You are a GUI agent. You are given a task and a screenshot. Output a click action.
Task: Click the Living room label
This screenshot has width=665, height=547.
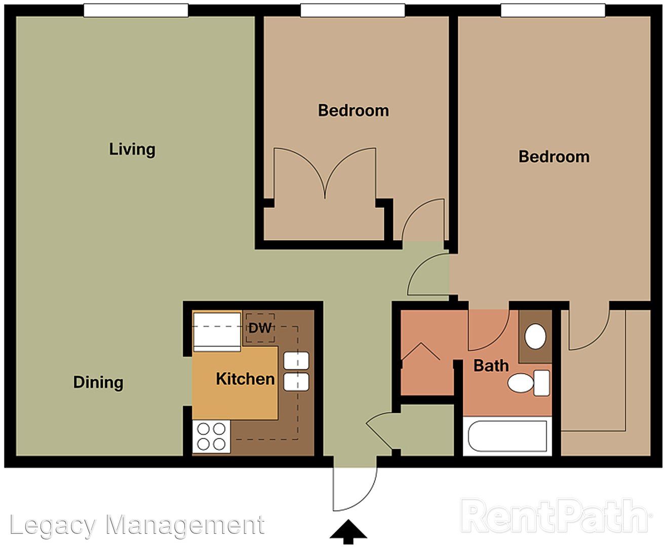click(x=132, y=149)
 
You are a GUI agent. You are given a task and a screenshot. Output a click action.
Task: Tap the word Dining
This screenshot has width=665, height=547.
click(x=98, y=383)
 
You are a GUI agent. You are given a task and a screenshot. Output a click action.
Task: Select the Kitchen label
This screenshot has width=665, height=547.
click(x=245, y=379)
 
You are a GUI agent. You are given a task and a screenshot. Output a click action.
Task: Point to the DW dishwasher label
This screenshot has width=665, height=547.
click(x=260, y=328)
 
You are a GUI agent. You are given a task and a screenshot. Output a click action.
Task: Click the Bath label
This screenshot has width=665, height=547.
click(x=491, y=366)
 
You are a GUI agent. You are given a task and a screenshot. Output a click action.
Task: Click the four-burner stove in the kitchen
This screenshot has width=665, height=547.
click(x=211, y=437)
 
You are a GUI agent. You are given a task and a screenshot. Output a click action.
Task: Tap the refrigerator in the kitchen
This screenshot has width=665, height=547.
click(x=217, y=332)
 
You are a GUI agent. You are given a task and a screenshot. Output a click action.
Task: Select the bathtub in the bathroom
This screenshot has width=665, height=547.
click(x=507, y=437)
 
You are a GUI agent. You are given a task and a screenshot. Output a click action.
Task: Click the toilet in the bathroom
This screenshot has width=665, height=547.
click(x=528, y=383)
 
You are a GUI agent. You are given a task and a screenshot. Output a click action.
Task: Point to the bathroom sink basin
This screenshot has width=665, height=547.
click(x=535, y=336)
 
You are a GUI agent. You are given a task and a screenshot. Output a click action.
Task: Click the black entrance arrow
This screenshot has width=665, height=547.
click(x=348, y=531)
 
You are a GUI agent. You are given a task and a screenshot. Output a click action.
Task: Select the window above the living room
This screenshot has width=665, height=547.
click(x=136, y=10)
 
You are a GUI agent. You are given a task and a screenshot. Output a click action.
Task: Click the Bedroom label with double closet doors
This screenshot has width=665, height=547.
click(x=354, y=110)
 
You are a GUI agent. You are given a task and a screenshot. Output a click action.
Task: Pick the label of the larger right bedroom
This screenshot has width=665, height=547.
click(x=554, y=157)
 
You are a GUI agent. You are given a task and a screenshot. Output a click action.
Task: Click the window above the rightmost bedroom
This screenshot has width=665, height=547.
click(x=553, y=10)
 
